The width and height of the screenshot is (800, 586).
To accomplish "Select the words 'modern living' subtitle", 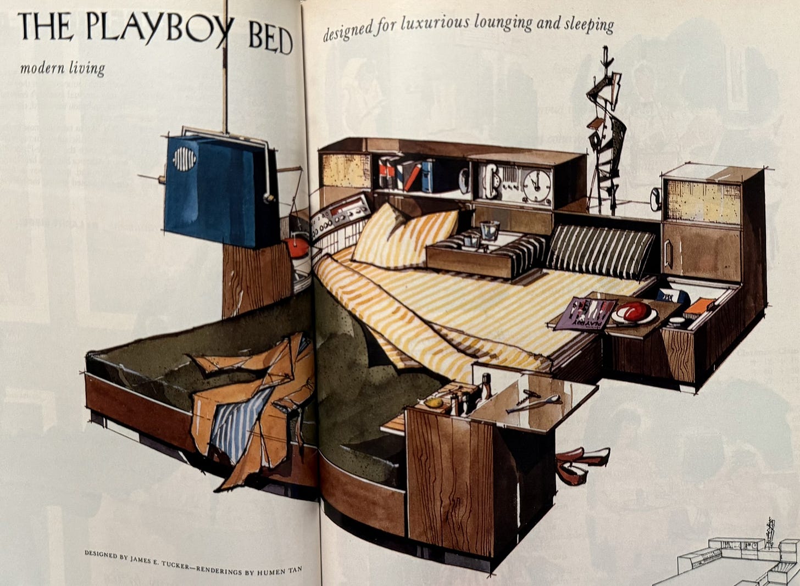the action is [62, 69].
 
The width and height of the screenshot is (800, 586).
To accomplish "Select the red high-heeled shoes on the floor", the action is [580, 461].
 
